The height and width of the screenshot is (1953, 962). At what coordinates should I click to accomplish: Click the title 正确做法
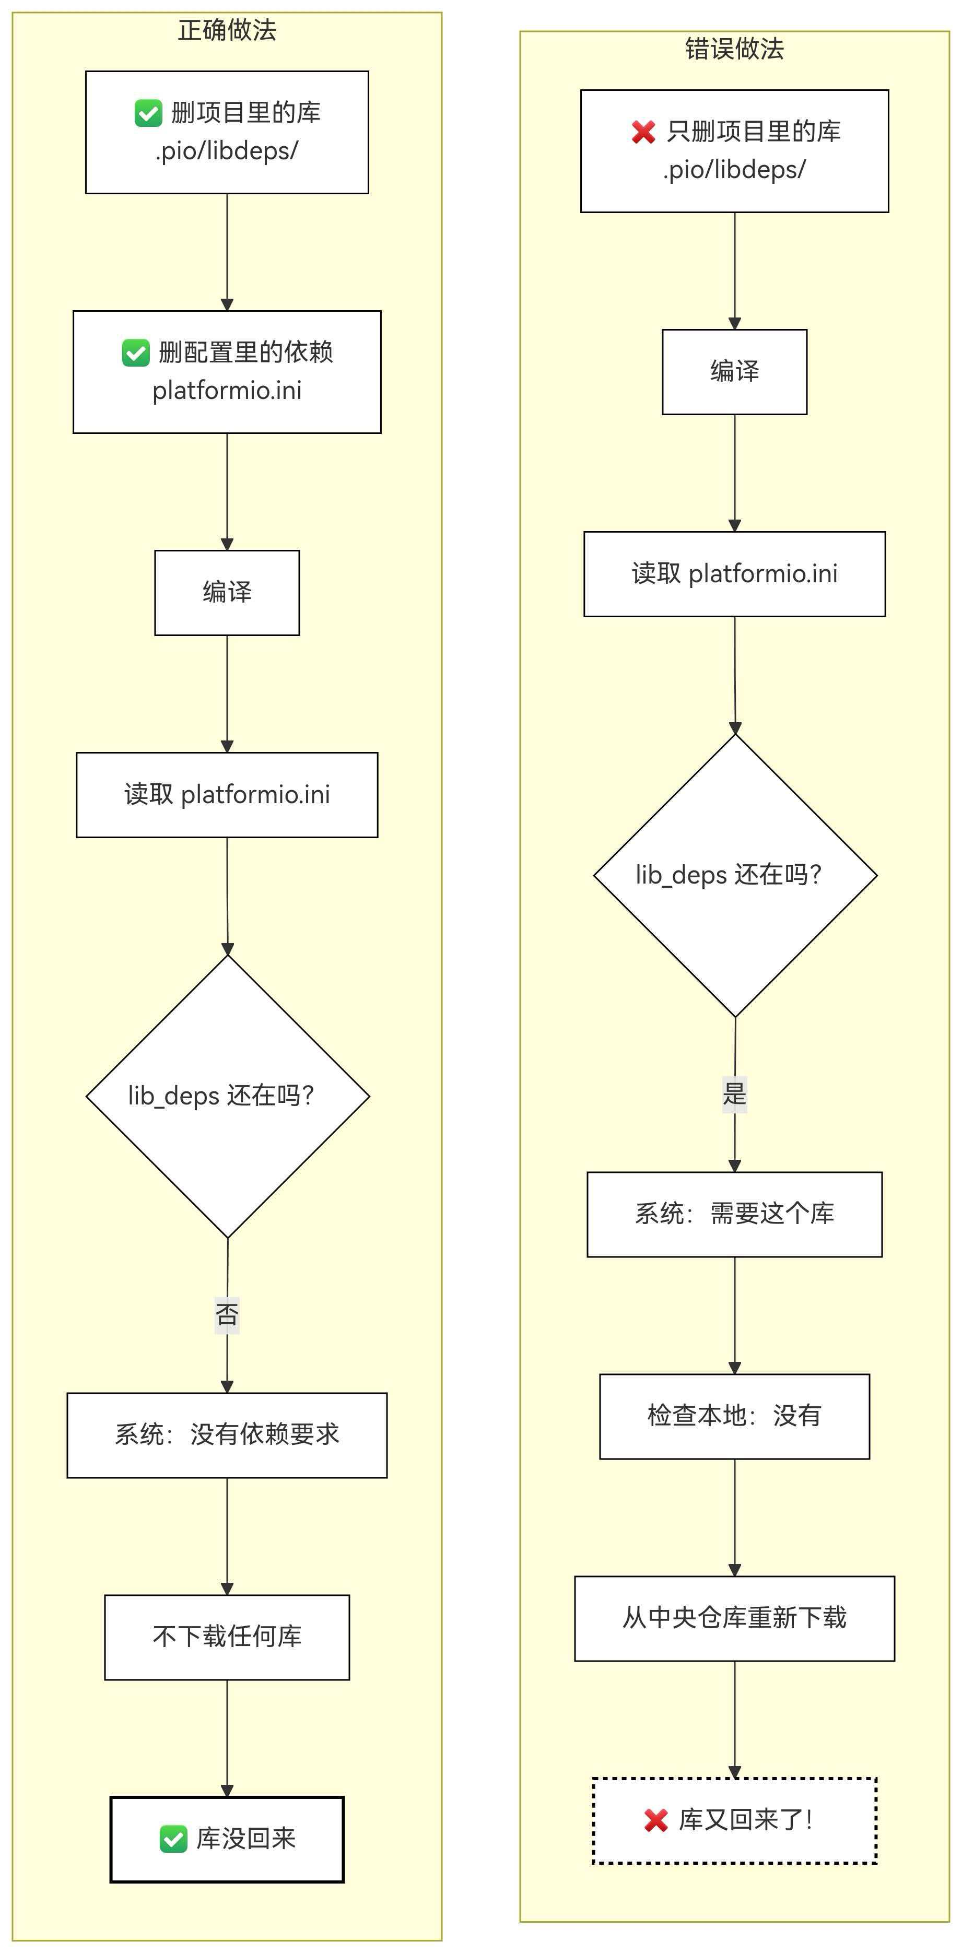point(227,30)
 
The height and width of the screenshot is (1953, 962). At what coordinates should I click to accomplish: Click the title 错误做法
point(734,49)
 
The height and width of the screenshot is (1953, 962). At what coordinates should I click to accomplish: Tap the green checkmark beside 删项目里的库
point(148,113)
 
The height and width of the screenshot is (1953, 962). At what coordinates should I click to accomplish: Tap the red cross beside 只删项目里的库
point(643,132)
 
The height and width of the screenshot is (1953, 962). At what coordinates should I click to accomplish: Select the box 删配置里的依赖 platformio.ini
point(227,371)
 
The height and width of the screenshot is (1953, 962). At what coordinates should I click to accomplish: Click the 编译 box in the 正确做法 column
point(227,593)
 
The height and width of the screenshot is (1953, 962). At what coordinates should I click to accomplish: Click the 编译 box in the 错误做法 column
point(734,371)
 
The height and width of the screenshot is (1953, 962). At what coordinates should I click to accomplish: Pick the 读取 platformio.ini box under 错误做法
point(734,574)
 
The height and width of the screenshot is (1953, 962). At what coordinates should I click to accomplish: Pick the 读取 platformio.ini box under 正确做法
point(227,795)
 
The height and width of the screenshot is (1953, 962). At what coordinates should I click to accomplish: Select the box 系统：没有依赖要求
point(227,1435)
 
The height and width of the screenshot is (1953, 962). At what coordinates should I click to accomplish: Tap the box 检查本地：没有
point(734,1416)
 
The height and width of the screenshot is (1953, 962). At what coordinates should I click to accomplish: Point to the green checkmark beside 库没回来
point(173,1839)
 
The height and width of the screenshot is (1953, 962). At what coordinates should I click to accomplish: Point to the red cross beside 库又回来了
point(656,1819)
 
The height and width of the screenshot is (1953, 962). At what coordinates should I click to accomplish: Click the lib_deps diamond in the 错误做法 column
point(735,875)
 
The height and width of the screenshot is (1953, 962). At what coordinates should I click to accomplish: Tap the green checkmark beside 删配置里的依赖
point(136,352)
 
